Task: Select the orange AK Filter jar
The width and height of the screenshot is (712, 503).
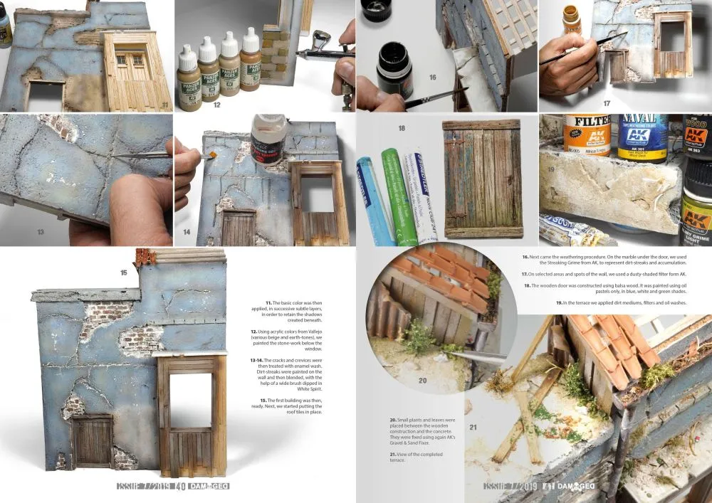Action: pyautogui.click(x=586, y=134)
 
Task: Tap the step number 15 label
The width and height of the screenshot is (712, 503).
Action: pyautogui.click(x=124, y=272)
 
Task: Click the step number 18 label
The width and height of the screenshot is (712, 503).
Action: pyautogui.click(x=402, y=129)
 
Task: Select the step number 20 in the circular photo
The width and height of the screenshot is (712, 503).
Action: pyautogui.click(x=422, y=381)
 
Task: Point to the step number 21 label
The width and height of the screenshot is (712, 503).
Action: pyautogui.click(x=474, y=427)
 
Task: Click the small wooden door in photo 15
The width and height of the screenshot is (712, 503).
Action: pyautogui.click(x=92, y=440)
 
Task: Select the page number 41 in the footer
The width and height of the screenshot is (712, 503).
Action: pyautogui.click(x=548, y=487)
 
